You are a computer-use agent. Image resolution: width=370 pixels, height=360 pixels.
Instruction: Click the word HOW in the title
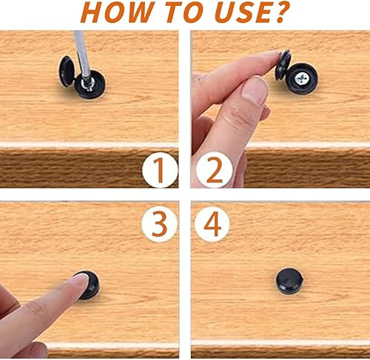[116, 12]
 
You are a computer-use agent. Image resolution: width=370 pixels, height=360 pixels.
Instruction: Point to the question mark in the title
[280, 12]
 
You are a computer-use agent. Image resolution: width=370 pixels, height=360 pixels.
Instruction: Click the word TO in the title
[183, 12]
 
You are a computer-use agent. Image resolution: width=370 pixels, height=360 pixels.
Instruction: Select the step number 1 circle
[160, 170]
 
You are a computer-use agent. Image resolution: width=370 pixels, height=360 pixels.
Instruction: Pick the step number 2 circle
[214, 170]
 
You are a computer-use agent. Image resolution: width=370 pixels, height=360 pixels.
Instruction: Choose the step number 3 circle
[160, 224]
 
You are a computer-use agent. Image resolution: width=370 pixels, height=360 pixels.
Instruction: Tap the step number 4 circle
[212, 224]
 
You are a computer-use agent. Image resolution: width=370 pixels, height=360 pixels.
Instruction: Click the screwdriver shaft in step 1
[82, 53]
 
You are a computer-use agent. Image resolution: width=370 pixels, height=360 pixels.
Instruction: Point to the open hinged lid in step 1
[66, 71]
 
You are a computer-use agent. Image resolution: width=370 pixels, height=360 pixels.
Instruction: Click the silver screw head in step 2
[300, 78]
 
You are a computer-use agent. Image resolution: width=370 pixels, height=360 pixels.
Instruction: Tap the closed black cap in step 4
[289, 281]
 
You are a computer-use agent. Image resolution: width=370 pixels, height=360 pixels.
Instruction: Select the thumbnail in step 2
[254, 89]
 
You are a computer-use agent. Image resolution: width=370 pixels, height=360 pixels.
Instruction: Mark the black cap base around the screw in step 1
[90, 84]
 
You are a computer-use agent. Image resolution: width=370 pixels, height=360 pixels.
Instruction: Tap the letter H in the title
[92, 12]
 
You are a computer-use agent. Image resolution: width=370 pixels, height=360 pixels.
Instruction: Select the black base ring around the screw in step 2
[301, 78]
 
